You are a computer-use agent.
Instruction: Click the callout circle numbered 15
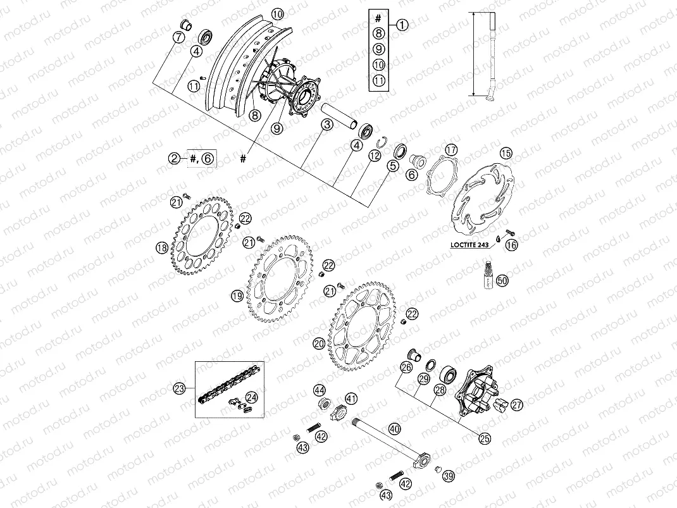click(x=506, y=152)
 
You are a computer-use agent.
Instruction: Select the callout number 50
click(x=502, y=280)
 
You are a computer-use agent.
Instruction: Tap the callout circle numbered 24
click(x=252, y=397)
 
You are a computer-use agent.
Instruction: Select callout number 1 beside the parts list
click(x=402, y=25)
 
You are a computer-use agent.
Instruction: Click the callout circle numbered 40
click(x=394, y=428)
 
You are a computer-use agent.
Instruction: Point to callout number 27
click(x=516, y=404)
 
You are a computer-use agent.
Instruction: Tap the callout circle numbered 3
click(x=326, y=125)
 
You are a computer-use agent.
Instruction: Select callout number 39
click(x=448, y=476)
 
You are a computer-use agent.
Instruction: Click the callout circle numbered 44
click(x=319, y=390)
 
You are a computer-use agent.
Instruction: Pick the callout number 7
click(x=179, y=38)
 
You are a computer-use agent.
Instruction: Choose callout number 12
click(x=375, y=156)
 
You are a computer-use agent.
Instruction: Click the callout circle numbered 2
click(x=175, y=159)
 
